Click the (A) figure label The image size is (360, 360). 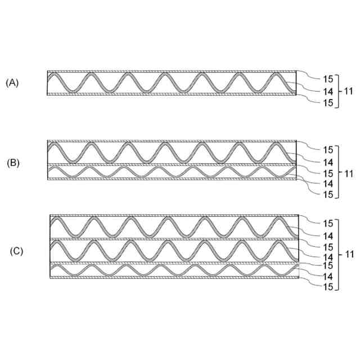point(12,83)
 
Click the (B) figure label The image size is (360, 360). point(13,163)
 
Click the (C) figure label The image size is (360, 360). point(16,251)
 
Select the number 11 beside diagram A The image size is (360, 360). point(349,91)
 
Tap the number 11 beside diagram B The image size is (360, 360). point(349,173)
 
